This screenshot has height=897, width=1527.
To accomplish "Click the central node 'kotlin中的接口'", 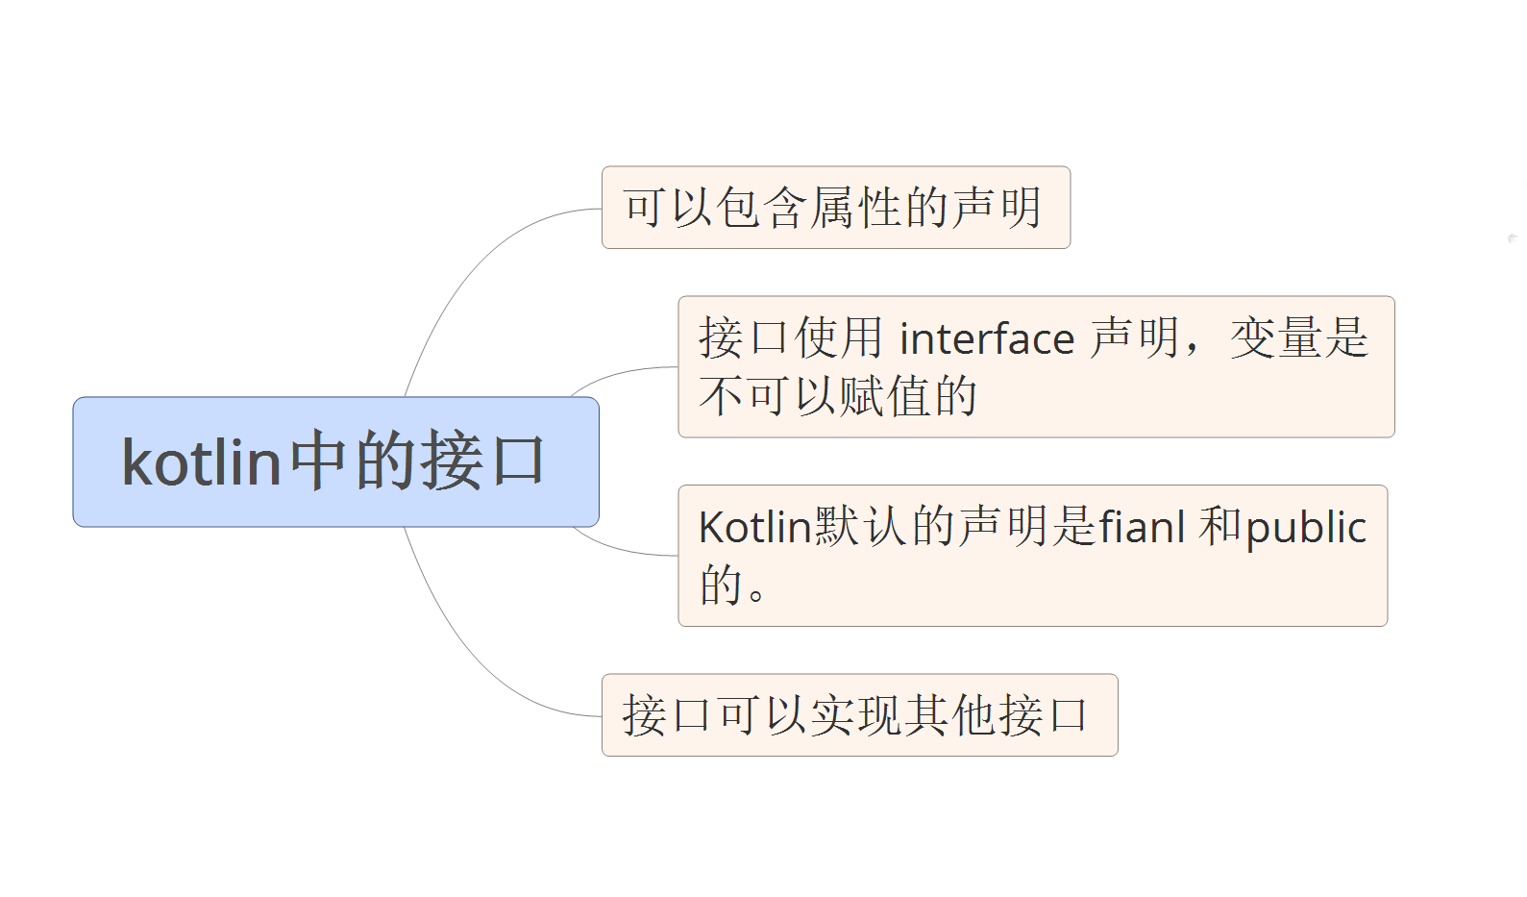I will click(x=335, y=461).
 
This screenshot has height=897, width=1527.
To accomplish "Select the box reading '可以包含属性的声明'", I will click(x=835, y=208).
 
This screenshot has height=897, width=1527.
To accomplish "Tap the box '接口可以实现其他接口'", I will click(x=859, y=715).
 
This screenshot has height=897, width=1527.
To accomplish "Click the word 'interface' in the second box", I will click(x=987, y=339).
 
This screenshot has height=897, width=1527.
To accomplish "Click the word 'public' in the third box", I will click(x=1306, y=528).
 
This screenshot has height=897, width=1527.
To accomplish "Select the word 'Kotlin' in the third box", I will click(x=755, y=528).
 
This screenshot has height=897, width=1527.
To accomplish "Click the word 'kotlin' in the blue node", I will click(x=201, y=462).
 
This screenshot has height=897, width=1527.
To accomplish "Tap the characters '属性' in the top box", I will click(x=858, y=208).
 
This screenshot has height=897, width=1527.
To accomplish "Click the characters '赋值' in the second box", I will click(x=885, y=396).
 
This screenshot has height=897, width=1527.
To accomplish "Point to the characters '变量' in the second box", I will click(x=1276, y=338).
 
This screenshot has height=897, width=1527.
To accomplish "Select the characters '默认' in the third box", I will click(x=861, y=527).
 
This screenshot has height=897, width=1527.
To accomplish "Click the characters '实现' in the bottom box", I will click(x=858, y=715).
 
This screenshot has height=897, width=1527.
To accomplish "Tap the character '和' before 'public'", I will click(x=1219, y=527).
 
